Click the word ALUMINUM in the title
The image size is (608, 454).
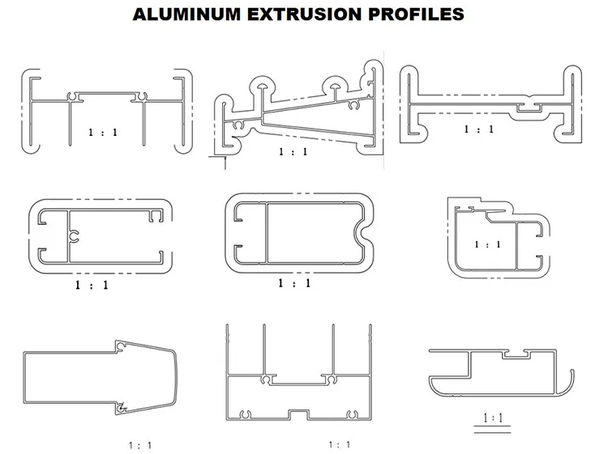point(186,15)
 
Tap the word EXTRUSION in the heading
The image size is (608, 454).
point(305,15)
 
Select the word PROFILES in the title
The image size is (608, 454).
point(416,15)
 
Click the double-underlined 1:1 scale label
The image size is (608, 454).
point(493,418)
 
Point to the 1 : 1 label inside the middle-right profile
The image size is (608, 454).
point(487,244)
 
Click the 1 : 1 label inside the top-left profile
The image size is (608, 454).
point(103,133)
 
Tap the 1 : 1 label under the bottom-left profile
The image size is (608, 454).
point(140,445)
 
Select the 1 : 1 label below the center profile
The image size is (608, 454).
point(294,283)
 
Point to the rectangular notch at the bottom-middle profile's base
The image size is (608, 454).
point(299,414)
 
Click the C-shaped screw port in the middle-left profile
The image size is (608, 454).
point(75,236)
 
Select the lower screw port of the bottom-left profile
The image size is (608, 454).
point(122,408)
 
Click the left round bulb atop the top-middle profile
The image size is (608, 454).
point(263,86)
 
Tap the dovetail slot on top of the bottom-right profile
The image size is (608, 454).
point(516,354)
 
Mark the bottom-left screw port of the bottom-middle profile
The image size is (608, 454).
point(245,415)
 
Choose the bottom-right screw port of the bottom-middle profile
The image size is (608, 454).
point(351,415)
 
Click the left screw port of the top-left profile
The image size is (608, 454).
point(72,97)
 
